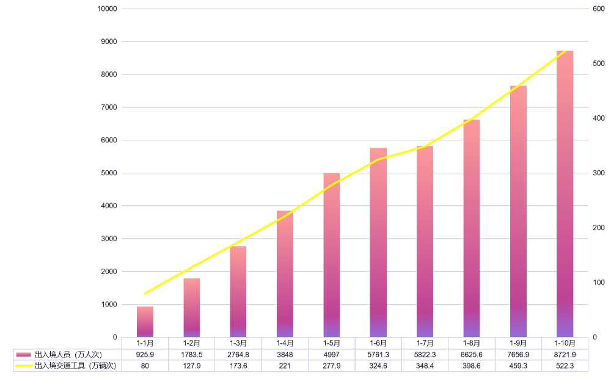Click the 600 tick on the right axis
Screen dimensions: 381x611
(x=598, y=9)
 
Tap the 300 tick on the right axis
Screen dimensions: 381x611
(x=598, y=173)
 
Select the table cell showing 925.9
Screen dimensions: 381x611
(x=145, y=354)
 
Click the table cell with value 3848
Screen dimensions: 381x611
(x=285, y=354)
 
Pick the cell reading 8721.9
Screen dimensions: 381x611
(x=565, y=354)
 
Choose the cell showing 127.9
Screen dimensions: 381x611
(x=191, y=366)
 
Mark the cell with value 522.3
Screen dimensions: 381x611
(x=565, y=366)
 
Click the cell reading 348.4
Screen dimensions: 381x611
(x=425, y=366)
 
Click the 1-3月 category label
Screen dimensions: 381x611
(x=238, y=343)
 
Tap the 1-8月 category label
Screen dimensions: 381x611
(x=471, y=343)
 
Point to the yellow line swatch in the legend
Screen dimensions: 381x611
(x=23, y=366)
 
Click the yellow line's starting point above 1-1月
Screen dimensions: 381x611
(x=145, y=293)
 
